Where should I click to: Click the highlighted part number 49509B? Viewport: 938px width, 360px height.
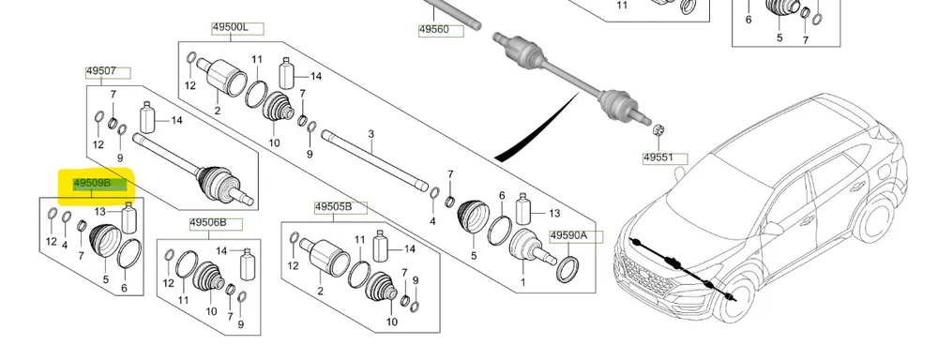(x=92, y=183)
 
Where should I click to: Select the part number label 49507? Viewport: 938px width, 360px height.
(x=101, y=71)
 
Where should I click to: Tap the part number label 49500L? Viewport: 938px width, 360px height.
(x=231, y=27)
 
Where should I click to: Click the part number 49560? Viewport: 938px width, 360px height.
(x=433, y=29)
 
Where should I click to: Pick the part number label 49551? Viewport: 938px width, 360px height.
(x=658, y=158)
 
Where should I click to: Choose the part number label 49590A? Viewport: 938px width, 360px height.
(x=569, y=235)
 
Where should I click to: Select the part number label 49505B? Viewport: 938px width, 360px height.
(x=333, y=207)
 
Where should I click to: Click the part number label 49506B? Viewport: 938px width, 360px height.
(x=208, y=223)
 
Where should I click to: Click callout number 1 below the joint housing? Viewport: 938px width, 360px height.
(x=522, y=281)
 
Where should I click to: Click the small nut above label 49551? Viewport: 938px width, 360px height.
(x=658, y=129)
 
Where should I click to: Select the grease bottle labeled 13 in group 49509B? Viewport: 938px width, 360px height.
(x=129, y=217)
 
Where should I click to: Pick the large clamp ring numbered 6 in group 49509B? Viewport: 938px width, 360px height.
(x=129, y=254)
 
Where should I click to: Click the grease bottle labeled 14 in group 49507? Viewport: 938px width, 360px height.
(x=147, y=117)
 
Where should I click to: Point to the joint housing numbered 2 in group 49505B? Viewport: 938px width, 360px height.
(x=325, y=255)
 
